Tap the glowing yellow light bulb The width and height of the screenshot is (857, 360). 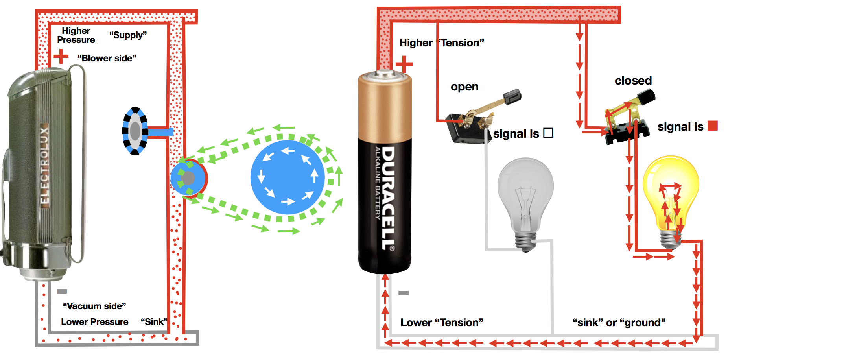(671, 197)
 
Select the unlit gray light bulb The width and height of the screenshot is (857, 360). (525, 197)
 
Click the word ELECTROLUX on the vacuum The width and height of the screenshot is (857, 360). (44, 165)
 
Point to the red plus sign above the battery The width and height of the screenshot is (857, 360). (404, 64)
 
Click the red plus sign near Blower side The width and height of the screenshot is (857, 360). (61, 56)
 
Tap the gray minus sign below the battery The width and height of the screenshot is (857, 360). (404, 293)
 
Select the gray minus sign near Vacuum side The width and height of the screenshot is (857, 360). (62, 291)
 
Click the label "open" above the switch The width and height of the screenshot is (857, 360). (464, 87)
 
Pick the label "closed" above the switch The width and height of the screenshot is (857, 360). (633, 81)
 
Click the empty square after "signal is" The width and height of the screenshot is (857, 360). (548, 133)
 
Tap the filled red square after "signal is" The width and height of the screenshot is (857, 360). (713, 126)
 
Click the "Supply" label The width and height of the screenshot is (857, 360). (128, 35)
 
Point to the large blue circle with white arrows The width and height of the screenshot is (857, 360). (288, 177)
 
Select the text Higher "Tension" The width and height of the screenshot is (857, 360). (441, 43)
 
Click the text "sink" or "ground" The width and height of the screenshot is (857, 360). (619, 323)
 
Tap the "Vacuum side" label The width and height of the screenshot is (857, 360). (94, 306)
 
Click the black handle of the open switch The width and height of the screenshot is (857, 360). (512, 96)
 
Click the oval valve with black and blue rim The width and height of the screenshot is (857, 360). (135, 131)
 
